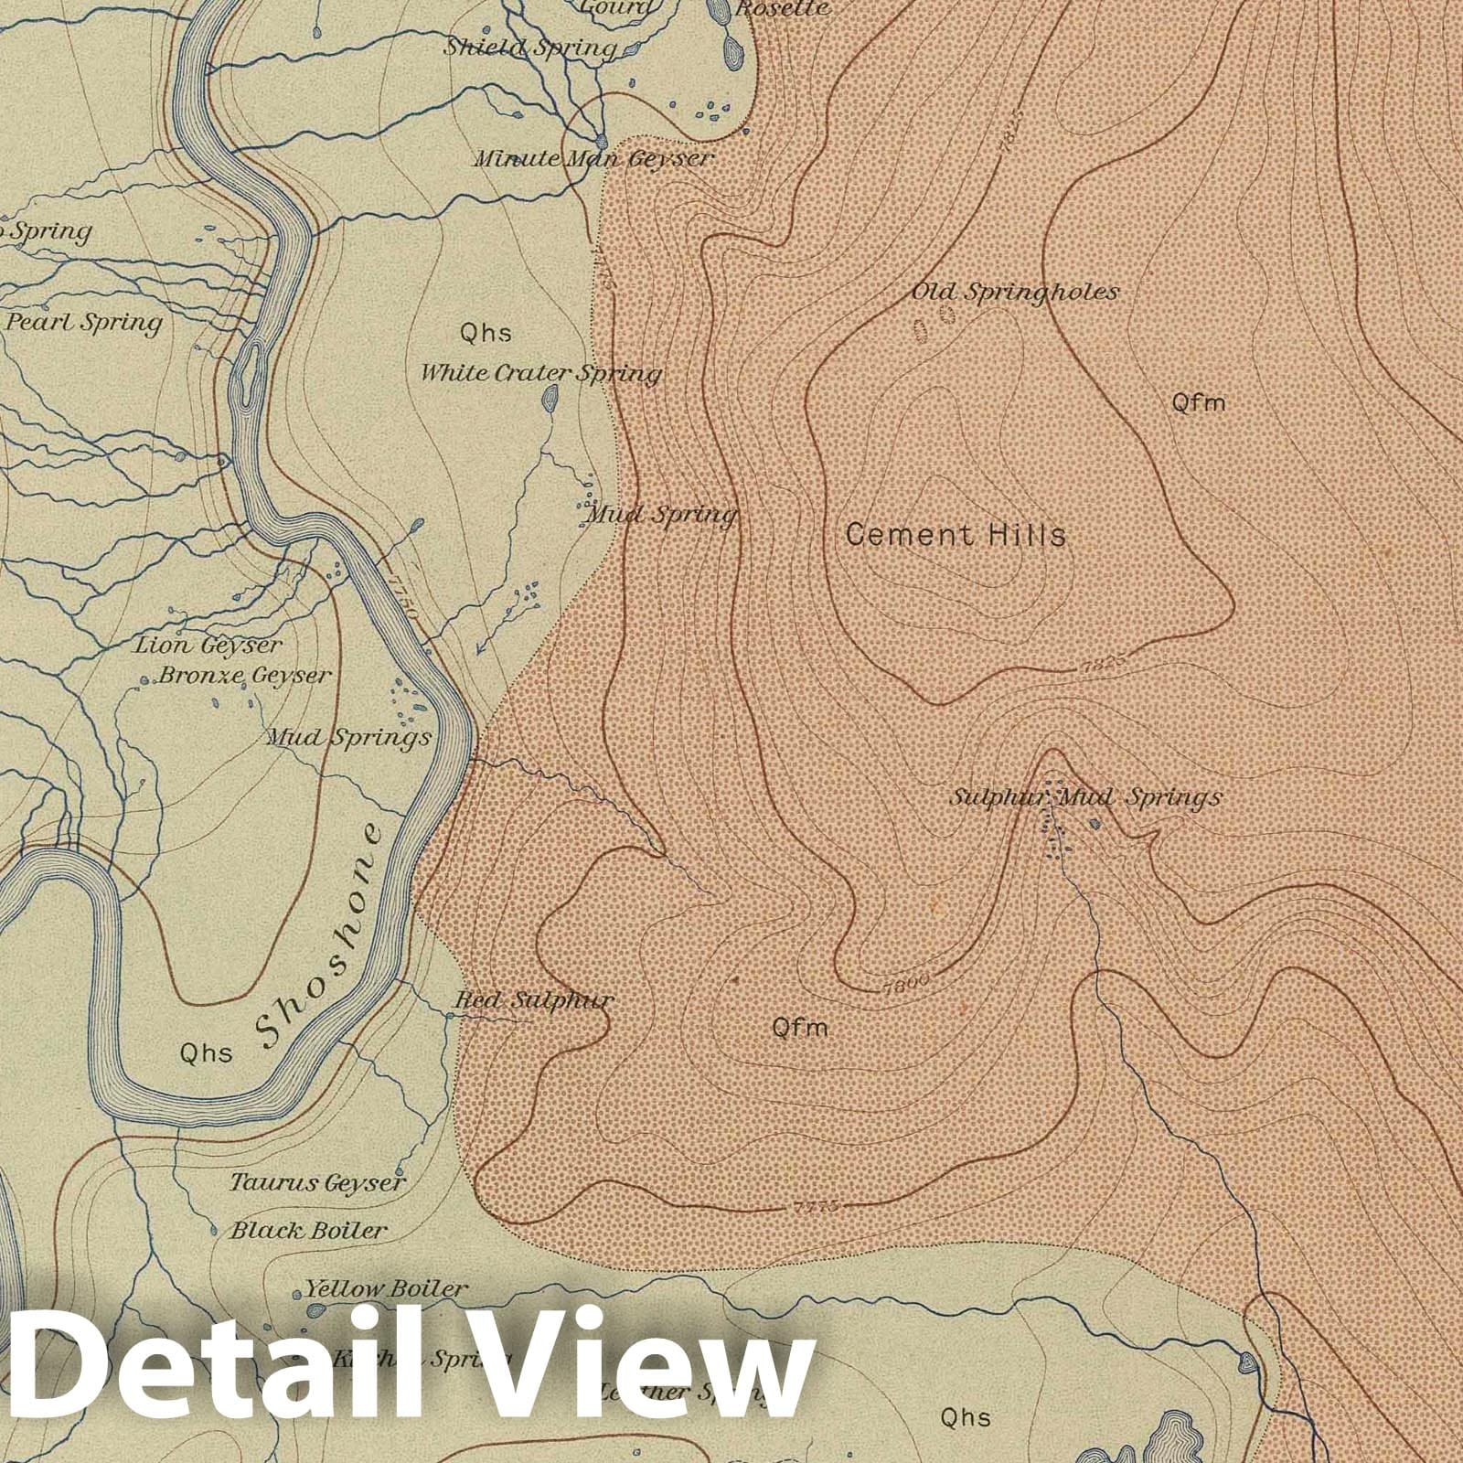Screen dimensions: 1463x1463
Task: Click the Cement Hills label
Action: [956, 535]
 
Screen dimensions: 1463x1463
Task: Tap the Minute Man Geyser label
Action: [593, 159]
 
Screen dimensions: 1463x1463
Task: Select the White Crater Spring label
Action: [540, 373]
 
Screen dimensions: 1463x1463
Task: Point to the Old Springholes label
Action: [1015, 293]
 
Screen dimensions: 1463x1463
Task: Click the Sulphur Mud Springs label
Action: [1085, 797]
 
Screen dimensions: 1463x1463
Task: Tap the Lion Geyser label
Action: [208, 646]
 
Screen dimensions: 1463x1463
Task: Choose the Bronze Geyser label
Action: [244, 676]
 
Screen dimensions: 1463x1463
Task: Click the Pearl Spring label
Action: [84, 323]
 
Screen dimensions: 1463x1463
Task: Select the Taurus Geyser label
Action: [316, 1183]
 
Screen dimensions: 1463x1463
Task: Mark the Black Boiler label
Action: [308, 1231]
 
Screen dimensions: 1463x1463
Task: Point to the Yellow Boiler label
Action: [385, 1289]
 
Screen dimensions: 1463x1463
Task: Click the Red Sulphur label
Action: [534, 1000]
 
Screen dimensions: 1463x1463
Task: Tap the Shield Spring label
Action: [529, 48]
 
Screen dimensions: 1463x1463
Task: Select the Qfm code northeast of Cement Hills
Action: [1198, 402]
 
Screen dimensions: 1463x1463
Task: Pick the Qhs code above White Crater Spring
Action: [486, 333]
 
